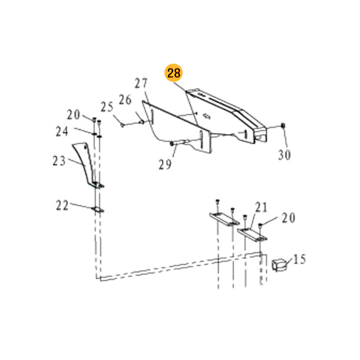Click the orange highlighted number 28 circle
[x=173, y=73]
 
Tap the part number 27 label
[x=141, y=83]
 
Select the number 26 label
[x=125, y=99]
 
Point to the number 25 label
[x=107, y=107]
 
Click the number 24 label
[x=62, y=131]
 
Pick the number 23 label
[x=59, y=161]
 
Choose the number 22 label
[x=62, y=205]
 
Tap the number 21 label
[x=261, y=207]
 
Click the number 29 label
[x=165, y=164]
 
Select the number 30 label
[x=284, y=154]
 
